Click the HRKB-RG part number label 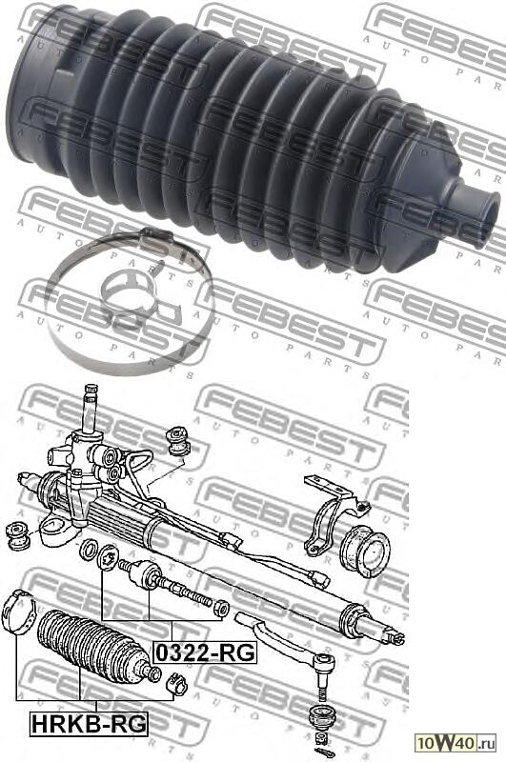point(89,724)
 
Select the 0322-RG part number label point(205,652)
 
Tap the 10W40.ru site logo point(455,743)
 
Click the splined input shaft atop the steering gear point(91,409)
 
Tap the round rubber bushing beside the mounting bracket point(365,551)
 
